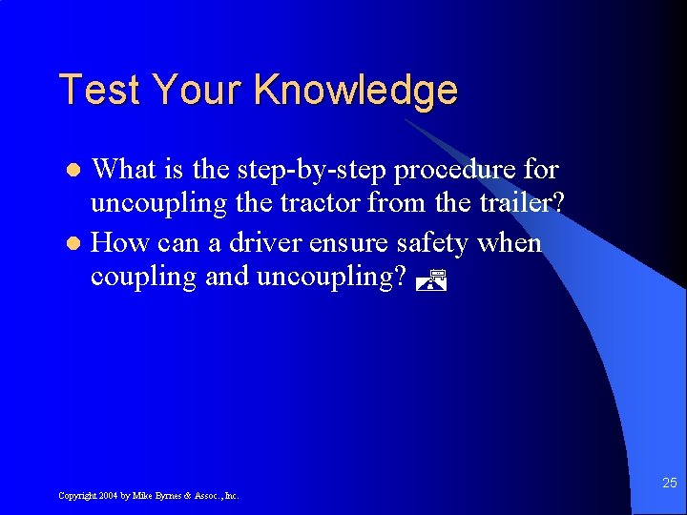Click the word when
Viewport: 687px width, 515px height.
tap(510, 243)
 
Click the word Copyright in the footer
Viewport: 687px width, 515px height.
tap(75, 496)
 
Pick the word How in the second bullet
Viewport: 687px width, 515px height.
tap(118, 243)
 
